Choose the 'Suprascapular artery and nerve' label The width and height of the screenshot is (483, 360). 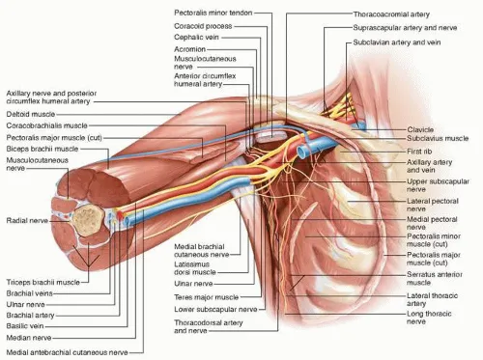pyautogui.click(x=405, y=29)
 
